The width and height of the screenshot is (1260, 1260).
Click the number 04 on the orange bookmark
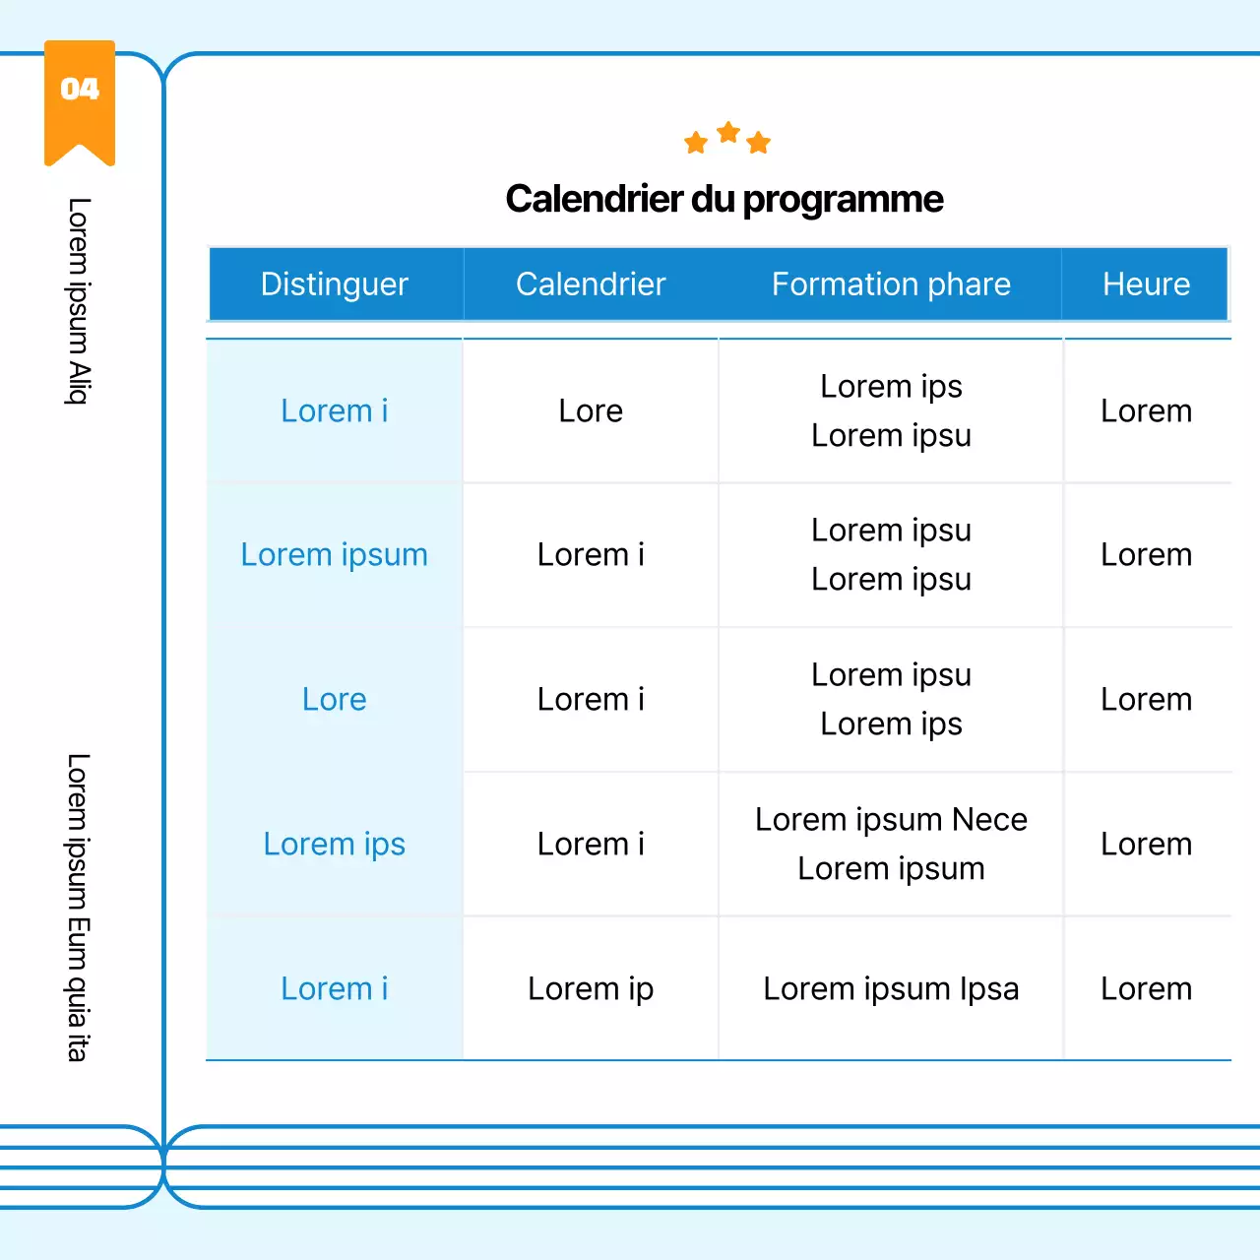click(80, 90)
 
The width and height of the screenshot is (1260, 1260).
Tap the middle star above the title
click(728, 132)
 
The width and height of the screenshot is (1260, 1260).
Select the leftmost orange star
click(696, 143)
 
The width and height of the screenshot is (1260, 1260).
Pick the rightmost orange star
click(758, 143)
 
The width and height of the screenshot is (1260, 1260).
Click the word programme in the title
click(843, 199)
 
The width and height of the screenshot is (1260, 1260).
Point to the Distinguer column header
click(335, 284)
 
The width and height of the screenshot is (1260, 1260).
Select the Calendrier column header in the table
click(591, 284)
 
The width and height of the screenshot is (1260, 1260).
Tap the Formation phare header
click(891, 284)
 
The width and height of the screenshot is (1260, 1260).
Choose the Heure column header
click(1146, 284)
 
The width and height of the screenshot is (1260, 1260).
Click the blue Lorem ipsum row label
click(335, 555)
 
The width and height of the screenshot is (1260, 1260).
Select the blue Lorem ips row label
click(335, 845)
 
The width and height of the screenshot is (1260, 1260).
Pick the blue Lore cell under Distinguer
click(335, 700)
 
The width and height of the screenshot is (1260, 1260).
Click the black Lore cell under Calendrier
click(591, 411)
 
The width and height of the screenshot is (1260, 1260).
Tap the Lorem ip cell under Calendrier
click(591, 989)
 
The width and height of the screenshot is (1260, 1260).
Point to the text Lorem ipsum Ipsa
click(891, 989)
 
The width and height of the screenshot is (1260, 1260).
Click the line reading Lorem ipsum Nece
click(891, 820)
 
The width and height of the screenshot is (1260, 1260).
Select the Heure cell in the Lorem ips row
click(1146, 845)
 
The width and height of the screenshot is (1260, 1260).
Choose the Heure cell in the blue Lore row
click(1146, 700)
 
